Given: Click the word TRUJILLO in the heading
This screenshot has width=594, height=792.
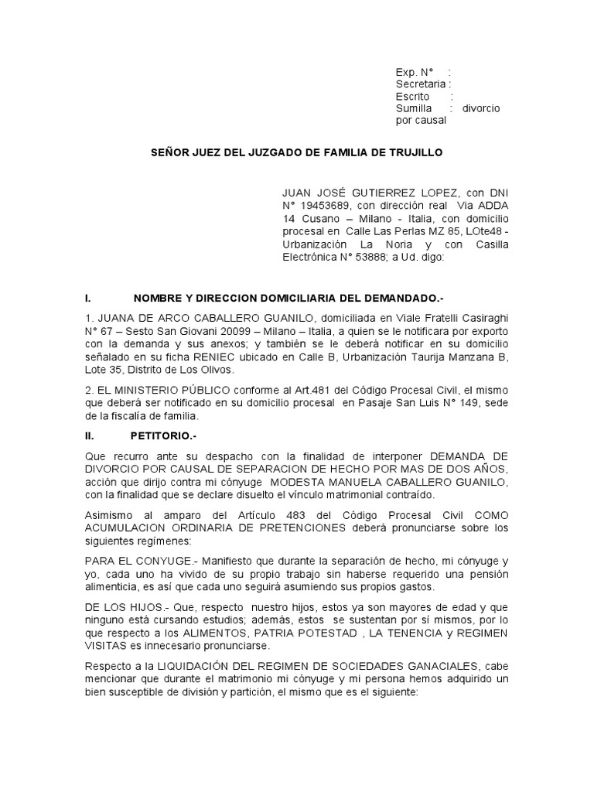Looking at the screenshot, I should tap(416, 153).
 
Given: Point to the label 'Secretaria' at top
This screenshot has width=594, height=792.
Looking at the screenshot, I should tap(420, 84).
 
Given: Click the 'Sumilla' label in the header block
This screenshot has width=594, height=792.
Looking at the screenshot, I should tap(413, 108).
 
